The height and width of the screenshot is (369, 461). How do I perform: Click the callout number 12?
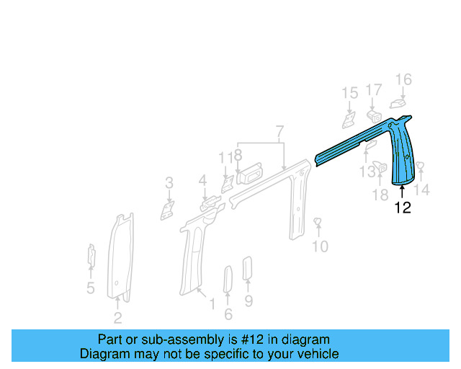403,208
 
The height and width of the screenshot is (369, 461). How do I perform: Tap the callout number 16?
403,80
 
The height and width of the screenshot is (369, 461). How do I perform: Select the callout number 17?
373,90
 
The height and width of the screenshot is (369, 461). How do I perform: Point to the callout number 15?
349,93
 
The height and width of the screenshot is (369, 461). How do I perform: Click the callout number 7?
279,132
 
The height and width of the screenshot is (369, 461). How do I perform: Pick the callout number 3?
169,183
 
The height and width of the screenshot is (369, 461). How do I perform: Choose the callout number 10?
320,246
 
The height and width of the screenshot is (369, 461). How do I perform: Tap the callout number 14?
423,190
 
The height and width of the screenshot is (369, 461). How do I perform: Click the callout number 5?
91,288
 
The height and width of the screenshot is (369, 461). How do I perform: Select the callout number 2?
117,317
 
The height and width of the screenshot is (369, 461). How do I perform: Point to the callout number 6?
228,314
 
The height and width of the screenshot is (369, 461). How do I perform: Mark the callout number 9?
249,301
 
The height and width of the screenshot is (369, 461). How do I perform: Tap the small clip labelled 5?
91,255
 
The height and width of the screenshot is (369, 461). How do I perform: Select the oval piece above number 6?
227,279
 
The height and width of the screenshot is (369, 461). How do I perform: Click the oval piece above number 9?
247,267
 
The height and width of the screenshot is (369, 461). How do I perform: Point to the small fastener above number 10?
318,221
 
